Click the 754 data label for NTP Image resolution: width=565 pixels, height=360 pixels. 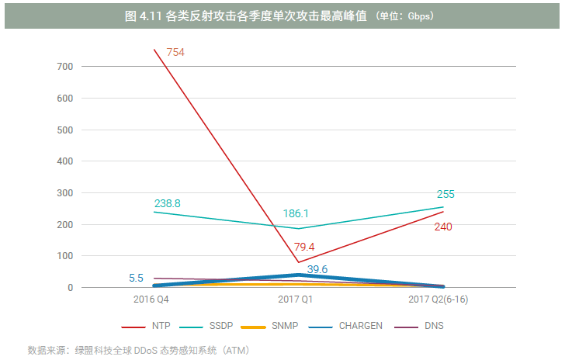pyautogui.click(x=175, y=52)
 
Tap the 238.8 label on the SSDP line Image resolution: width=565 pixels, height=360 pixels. pyautogui.click(x=168, y=203)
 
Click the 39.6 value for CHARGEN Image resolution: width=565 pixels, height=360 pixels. pyautogui.click(x=318, y=268)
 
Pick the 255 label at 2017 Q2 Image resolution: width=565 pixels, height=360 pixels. pyautogui.click(x=445, y=195)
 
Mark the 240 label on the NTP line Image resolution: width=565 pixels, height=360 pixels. pyautogui.click(x=443, y=227)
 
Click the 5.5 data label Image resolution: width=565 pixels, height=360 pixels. pyautogui.click(x=136, y=277)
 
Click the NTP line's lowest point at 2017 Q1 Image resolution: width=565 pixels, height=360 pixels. pyautogui.click(x=297, y=262)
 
